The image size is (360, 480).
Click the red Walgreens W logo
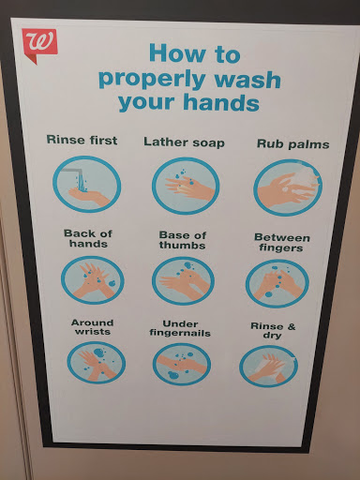click(x=39, y=45)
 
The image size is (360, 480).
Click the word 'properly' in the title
click(x=152, y=80)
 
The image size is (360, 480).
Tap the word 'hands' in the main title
click(x=221, y=102)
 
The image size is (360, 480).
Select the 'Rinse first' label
click(x=82, y=140)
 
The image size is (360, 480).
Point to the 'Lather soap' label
click(x=184, y=142)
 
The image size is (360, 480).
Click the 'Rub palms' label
click(x=293, y=144)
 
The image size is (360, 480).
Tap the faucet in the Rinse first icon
click(x=73, y=172)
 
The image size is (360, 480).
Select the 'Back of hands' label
click(x=88, y=238)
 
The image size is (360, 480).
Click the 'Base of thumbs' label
click(x=183, y=240)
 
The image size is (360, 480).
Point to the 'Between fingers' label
click(x=282, y=243)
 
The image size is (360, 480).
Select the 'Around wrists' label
click(x=92, y=327)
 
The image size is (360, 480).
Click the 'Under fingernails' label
click(x=180, y=328)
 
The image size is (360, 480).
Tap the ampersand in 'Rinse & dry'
click(x=291, y=326)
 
